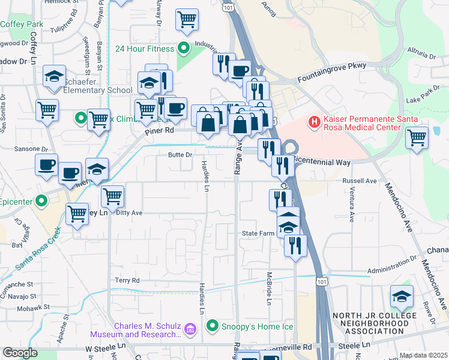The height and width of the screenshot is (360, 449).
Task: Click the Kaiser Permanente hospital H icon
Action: coord(312,122)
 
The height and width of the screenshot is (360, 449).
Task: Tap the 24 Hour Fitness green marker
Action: coord(184,49)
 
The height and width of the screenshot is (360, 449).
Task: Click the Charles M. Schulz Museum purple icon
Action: coord(190,329)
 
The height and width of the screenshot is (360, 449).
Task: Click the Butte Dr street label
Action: coord(179,155)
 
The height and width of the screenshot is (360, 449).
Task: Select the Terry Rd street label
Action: coord(127,280)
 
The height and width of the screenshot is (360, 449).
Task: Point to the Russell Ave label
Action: coord(359,181)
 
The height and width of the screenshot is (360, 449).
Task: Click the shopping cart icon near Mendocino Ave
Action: coord(417,137)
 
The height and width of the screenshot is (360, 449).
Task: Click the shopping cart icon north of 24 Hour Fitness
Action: coord(187,20)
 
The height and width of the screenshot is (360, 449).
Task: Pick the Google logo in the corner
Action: coord(20,353)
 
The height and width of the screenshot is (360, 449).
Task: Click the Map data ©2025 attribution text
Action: coord(423,355)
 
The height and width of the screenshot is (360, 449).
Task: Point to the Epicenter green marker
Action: coord(41,202)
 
